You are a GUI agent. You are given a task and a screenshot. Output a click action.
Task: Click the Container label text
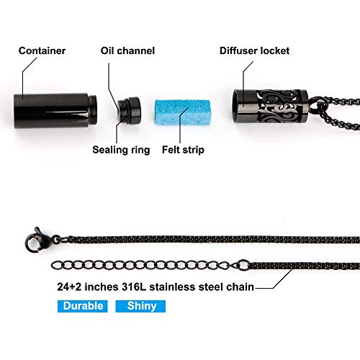point(42,51)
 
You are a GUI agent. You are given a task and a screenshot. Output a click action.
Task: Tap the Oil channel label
point(127,51)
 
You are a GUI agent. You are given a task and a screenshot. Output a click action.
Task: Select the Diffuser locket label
point(254,51)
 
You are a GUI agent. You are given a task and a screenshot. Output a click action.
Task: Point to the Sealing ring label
point(121,150)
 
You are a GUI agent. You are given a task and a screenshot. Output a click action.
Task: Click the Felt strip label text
point(183,150)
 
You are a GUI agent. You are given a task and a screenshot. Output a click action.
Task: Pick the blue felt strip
point(183,112)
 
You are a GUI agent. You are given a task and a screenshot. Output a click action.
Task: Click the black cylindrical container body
point(52,111)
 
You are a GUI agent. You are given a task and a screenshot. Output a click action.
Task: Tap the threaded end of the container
point(93,110)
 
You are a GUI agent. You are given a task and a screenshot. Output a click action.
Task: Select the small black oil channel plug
point(130,110)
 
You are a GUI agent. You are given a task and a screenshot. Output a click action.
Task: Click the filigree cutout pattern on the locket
point(279,107)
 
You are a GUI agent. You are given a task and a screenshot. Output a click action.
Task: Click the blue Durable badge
point(83,306)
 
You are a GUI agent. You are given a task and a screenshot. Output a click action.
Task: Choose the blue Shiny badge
point(140,306)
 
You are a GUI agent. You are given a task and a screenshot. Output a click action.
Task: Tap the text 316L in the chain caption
point(134,287)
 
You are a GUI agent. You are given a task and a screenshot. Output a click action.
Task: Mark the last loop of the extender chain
point(56,265)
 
